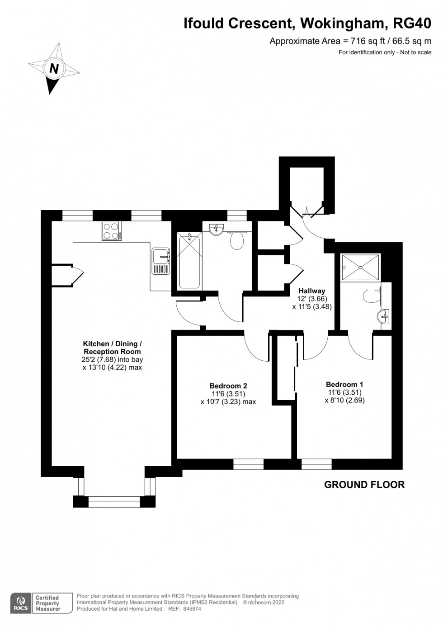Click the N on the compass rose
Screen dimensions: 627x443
coord(54,69)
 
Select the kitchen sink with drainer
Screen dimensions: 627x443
coord(160,261)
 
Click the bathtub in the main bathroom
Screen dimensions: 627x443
coord(189,260)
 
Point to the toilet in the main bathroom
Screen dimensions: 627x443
coord(237,240)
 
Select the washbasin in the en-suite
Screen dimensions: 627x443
coord(384,316)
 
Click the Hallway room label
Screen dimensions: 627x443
coord(311,291)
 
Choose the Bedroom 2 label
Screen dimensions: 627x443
coord(228,386)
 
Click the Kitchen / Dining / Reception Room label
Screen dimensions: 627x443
coord(112,348)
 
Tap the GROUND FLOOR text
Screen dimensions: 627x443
coord(364,485)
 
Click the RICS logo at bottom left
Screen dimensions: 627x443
coord(20,603)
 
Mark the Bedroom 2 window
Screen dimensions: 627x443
coord(248,464)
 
